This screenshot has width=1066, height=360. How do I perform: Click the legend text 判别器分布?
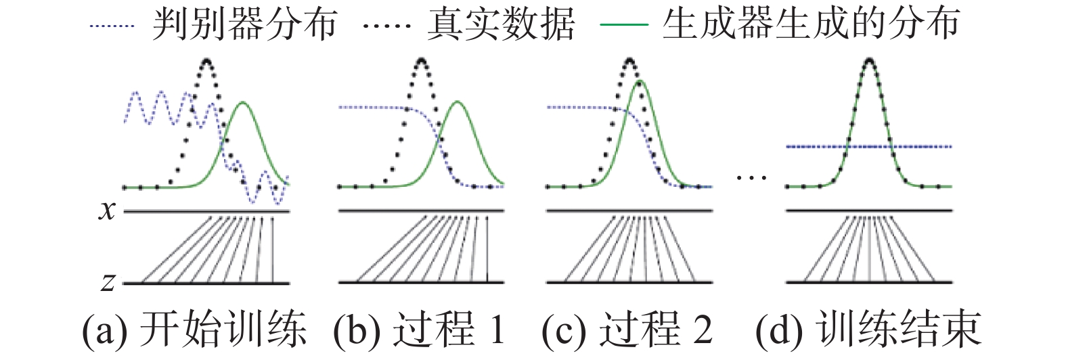click(x=244, y=25)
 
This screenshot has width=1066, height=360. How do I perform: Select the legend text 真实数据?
click(x=500, y=25)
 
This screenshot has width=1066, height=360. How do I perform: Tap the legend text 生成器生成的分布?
click(x=810, y=25)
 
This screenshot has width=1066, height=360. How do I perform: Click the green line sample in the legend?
click(x=624, y=26)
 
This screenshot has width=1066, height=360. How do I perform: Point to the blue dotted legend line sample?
click(x=112, y=26)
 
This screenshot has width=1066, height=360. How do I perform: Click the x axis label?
click(x=107, y=210)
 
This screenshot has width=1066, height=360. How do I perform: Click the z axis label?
click(x=108, y=281)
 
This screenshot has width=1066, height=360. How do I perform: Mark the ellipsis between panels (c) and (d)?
click(x=751, y=178)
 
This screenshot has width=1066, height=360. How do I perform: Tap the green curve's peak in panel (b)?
click(x=458, y=102)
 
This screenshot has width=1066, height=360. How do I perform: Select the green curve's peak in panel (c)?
click(x=640, y=82)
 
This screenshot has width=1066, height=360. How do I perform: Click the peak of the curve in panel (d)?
click(x=869, y=60)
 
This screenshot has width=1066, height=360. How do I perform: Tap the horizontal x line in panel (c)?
click(x=629, y=211)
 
